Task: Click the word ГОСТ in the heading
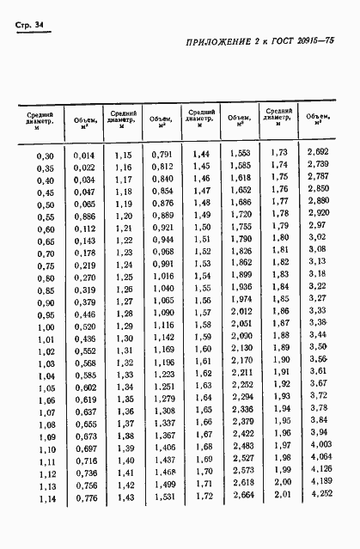tap(279, 68)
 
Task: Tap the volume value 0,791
tap(162, 155)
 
